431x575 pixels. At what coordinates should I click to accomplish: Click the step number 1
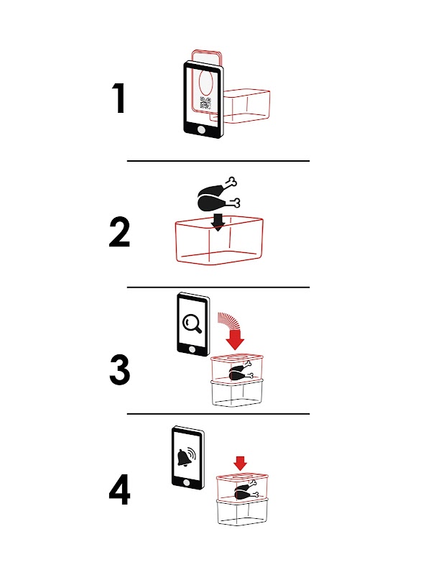119,98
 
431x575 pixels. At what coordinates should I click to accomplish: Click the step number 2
120,232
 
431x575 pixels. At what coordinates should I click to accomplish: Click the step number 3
120,370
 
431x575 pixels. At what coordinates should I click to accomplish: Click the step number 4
120,490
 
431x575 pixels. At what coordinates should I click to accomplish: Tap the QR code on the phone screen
205,103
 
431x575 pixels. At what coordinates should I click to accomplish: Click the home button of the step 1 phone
201,129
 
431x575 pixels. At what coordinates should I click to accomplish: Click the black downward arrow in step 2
218,222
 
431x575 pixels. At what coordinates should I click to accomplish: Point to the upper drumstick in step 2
217,188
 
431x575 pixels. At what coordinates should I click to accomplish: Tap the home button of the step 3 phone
190,349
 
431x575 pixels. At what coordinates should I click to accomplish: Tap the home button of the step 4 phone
186,482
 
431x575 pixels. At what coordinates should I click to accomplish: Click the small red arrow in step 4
240,463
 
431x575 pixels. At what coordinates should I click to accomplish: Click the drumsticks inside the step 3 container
241,371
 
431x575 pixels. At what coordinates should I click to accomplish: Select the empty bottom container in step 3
237,392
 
